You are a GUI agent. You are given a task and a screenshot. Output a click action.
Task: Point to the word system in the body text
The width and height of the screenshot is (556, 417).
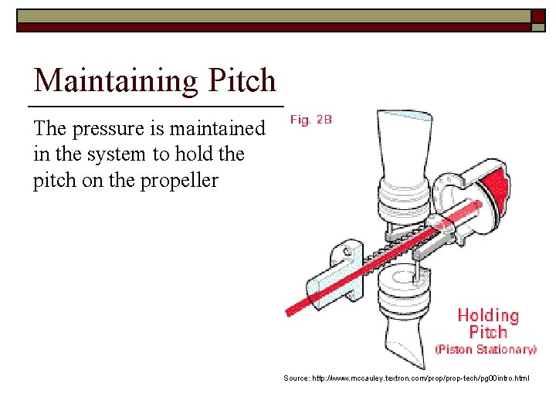click(x=114, y=154)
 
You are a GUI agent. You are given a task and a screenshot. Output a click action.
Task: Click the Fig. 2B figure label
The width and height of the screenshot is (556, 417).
click(x=311, y=120)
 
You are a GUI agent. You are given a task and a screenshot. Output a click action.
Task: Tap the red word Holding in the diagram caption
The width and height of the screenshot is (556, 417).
click(x=488, y=316)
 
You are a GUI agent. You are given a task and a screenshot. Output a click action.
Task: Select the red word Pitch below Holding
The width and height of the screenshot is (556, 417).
click(x=488, y=333)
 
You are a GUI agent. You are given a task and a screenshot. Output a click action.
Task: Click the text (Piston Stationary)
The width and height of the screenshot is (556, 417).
click(x=486, y=350)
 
